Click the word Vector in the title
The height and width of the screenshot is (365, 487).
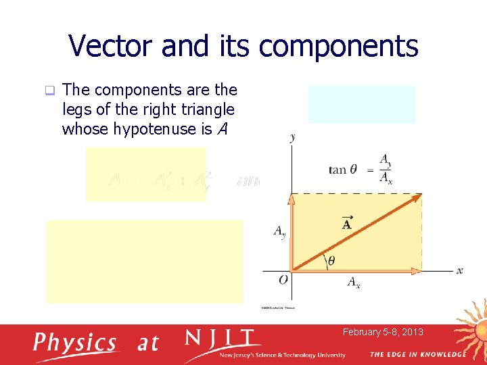pos(113,46)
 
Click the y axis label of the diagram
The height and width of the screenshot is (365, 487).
pos(292,137)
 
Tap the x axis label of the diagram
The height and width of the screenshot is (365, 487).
pos(460,270)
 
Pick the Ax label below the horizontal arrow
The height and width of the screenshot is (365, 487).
pos(354,282)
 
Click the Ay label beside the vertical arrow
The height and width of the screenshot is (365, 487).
pos(279,232)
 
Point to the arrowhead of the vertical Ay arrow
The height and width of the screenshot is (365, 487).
pos(292,199)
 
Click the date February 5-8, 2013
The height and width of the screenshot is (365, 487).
pos(383,332)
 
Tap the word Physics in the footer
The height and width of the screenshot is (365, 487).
pos(76,342)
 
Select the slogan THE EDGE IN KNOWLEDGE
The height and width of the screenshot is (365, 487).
pos(417,354)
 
